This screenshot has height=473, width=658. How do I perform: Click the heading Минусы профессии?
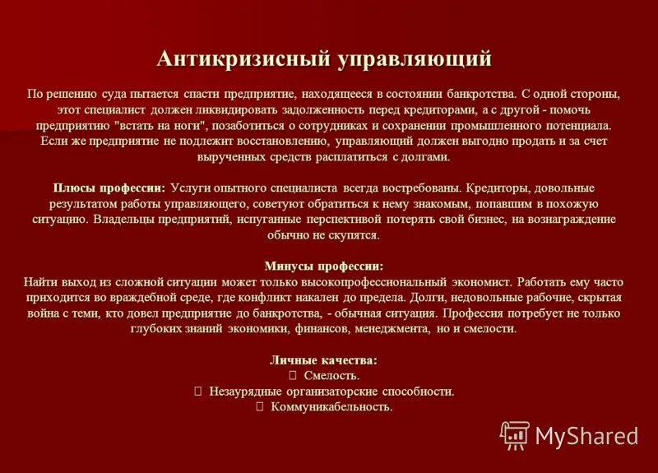(x=324, y=266)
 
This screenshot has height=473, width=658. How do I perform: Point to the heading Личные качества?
(x=324, y=360)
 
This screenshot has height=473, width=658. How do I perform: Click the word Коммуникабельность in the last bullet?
(x=331, y=407)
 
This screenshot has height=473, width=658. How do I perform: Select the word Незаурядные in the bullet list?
(x=245, y=392)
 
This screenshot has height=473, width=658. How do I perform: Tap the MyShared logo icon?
(x=515, y=434)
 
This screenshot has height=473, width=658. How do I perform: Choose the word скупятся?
(x=355, y=235)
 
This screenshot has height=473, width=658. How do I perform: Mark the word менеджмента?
(x=387, y=328)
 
